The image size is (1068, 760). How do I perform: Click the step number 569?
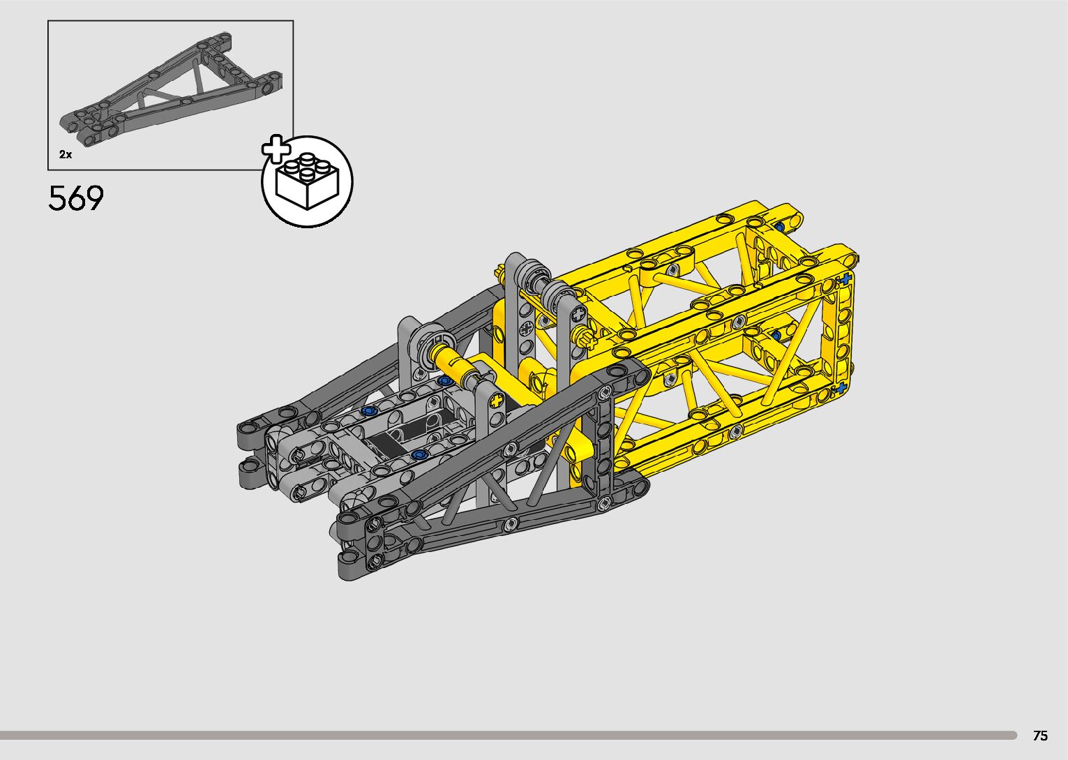tap(76, 198)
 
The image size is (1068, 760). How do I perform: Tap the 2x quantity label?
tap(66, 154)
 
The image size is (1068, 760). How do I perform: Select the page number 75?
tap(1040, 735)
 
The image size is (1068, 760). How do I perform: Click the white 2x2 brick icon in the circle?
tap(308, 181)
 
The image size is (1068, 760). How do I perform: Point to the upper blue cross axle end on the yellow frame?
tap(845, 278)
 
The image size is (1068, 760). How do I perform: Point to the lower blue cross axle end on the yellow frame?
tap(841, 388)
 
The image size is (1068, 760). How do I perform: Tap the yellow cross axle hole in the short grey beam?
tap(497, 400)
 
